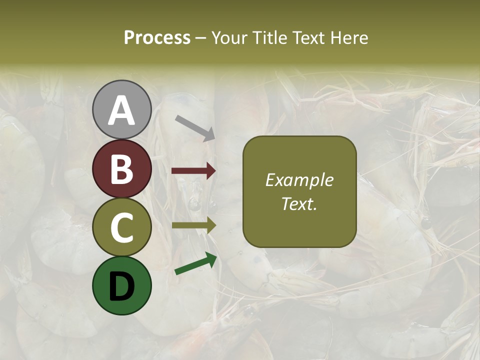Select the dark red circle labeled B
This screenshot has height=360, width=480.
click(122, 168)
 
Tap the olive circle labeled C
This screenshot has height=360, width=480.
click(122, 227)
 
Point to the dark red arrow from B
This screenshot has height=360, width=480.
click(193, 171)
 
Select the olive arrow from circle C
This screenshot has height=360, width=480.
click(193, 225)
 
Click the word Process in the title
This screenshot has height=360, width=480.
click(157, 38)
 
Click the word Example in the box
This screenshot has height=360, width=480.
click(299, 180)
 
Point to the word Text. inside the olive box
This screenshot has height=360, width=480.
click(299, 203)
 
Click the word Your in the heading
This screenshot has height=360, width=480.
click(230, 38)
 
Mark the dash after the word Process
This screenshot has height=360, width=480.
click(201, 38)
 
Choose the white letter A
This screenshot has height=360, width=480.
click(122, 111)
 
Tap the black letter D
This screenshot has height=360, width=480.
click(122, 287)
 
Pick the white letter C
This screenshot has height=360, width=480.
click(122, 228)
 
